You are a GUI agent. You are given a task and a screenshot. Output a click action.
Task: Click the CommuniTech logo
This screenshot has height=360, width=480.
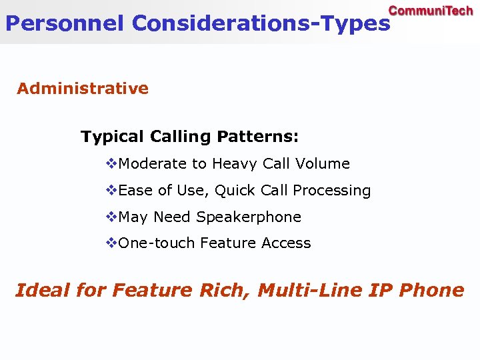click(x=431, y=11)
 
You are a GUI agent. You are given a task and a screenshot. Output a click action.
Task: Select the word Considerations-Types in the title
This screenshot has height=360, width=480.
click(x=261, y=23)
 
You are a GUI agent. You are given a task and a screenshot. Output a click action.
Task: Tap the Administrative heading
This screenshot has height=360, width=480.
click(x=83, y=89)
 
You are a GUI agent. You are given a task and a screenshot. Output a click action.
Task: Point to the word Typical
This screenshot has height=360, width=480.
click(x=112, y=137)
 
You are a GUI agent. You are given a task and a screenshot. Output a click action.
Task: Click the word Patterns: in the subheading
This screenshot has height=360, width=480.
click(x=258, y=137)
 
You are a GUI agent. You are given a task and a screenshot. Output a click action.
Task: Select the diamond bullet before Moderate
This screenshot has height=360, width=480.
click(x=112, y=163)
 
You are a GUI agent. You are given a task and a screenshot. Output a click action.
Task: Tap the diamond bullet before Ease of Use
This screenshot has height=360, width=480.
click(x=112, y=190)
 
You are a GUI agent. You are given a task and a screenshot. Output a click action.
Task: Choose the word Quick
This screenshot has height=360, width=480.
click(x=237, y=191)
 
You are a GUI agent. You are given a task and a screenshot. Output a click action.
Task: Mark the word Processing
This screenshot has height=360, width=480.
click(x=331, y=191)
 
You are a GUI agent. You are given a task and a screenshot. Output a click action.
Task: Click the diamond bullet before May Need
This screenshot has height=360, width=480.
click(x=112, y=217)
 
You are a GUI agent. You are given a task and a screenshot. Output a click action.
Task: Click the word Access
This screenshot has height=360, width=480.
click(x=286, y=243)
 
